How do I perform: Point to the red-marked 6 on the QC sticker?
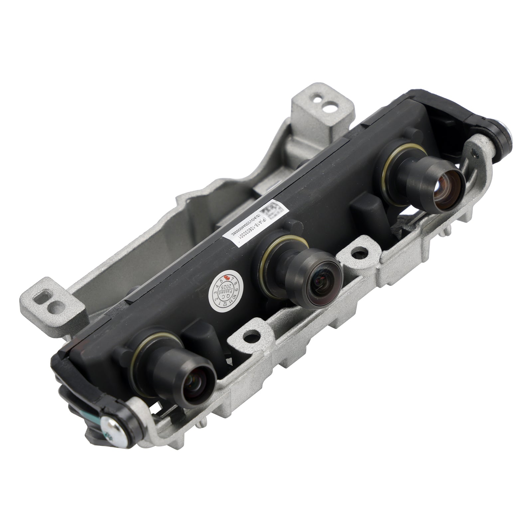pos(227,277)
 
